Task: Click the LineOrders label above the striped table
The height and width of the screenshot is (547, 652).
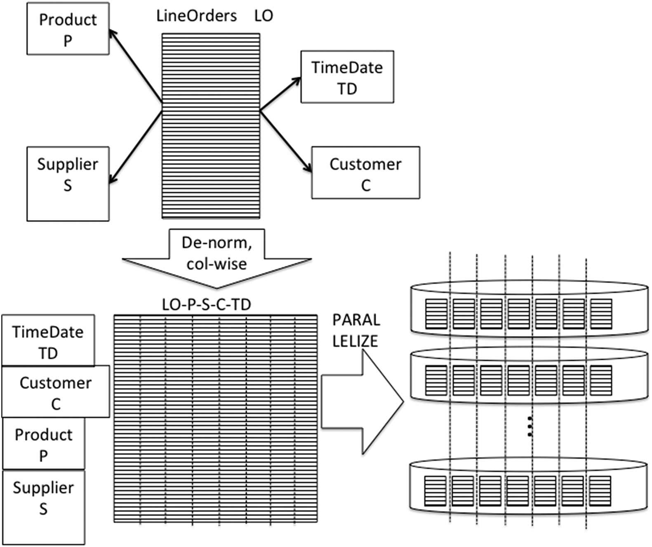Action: [x=196, y=16]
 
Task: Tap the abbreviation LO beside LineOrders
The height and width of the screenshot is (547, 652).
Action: [x=264, y=16]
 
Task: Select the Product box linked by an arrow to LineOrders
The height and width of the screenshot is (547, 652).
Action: [x=68, y=29]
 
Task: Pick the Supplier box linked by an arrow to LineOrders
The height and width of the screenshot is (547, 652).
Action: [x=68, y=184]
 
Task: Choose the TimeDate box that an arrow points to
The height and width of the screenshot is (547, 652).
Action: [x=347, y=77]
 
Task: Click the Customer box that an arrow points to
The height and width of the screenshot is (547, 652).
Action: [x=365, y=172]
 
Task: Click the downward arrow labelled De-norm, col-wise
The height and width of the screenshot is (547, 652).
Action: [x=217, y=258]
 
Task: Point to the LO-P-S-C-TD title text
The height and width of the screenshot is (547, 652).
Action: [x=207, y=305]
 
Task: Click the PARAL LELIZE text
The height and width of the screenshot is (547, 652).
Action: [x=355, y=330]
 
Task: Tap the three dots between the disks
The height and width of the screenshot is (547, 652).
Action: [x=530, y=426]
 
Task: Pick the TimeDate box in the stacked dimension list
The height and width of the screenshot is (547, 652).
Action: [x=48, y=341]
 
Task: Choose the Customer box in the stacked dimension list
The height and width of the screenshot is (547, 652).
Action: [x=56, y=391]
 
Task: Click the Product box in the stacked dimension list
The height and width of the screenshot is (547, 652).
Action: [x=44, y=443]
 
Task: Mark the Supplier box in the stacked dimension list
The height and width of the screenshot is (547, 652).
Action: [x=44, y=507]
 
